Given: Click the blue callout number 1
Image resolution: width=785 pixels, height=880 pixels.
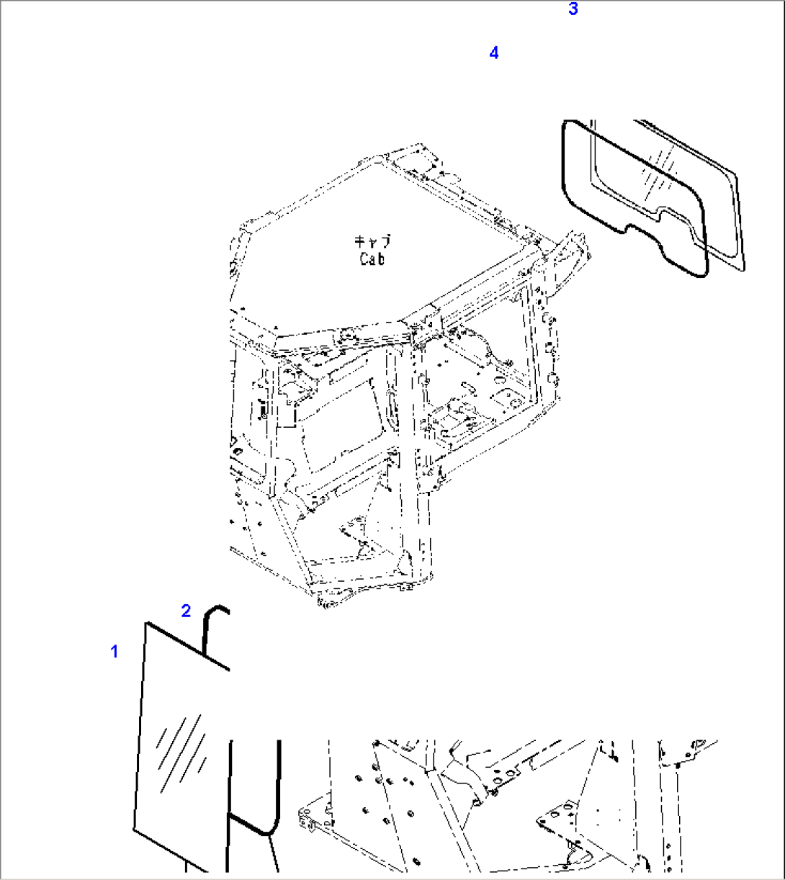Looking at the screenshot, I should click(114, 652).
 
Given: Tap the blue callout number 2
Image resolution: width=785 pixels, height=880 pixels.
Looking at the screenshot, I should click(186, 611).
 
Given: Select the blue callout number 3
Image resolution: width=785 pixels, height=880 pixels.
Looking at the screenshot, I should click(573, 9).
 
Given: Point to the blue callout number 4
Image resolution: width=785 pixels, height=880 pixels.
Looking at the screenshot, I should click(493, 53).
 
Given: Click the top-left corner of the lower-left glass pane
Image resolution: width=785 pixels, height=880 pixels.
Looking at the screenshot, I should click(147, 624).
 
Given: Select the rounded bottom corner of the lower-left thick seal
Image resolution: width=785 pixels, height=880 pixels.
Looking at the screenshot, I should click(268, 830).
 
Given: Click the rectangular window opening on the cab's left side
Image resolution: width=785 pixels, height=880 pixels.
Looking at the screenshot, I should click(338, 418).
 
